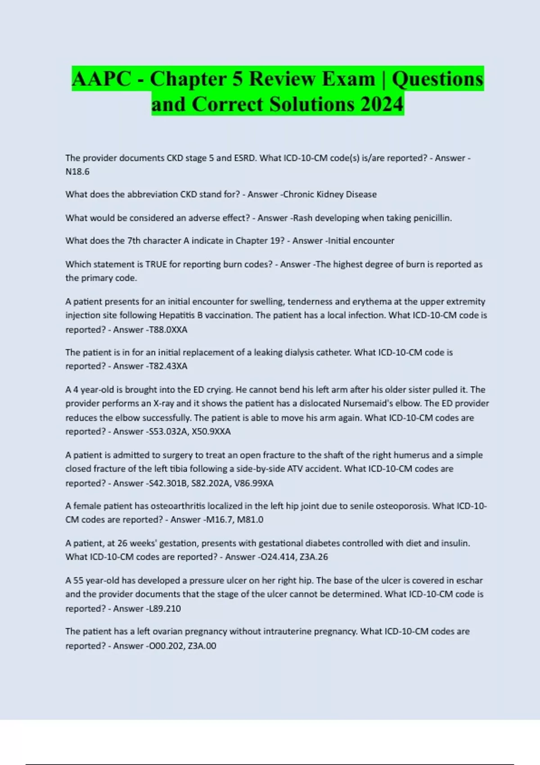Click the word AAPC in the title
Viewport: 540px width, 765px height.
(101, 79)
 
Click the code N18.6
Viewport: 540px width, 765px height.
(77, 171)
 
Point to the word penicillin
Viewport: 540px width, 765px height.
(432, 218)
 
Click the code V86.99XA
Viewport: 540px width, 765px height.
(254, 483)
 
